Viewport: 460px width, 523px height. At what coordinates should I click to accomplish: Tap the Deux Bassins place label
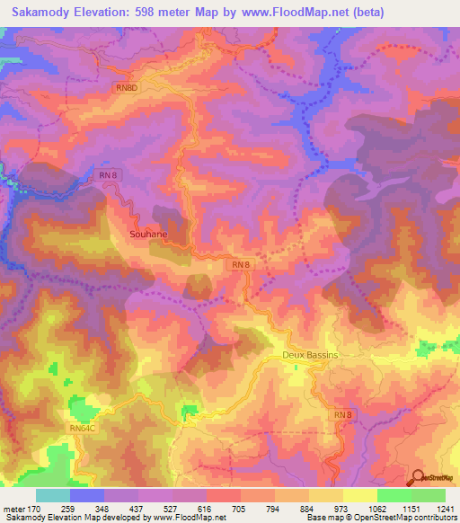(x=309, y=355)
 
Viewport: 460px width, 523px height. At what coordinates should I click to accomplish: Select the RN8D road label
(x=128, y=87)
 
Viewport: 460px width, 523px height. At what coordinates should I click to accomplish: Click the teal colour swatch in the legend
(x=52, y=495)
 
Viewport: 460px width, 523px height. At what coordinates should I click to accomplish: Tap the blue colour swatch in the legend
(x=86, y=495)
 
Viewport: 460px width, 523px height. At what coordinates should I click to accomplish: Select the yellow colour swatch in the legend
(x=359, y=495)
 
